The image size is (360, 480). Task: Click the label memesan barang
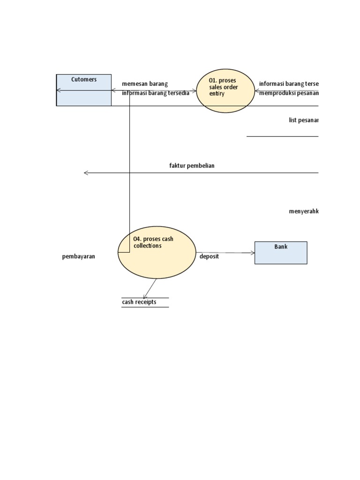click(145, 84)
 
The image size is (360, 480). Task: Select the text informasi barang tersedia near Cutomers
click(156, 93)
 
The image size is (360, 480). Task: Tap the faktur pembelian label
click(192, 165)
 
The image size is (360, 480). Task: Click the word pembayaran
click(79, 257)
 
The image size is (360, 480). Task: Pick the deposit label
click(209, 256)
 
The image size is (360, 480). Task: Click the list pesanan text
click(304, 120)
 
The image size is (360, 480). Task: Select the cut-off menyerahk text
click(304, 211)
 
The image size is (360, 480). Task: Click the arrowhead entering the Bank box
click(252, 253)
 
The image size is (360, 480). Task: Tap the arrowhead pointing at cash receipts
click(145, 296)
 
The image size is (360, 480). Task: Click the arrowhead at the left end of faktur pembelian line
click(86, 173)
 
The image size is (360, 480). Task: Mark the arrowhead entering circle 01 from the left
click(195, 90)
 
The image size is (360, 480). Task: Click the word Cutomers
click(84, 80)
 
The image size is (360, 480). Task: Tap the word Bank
click(281, 247)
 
